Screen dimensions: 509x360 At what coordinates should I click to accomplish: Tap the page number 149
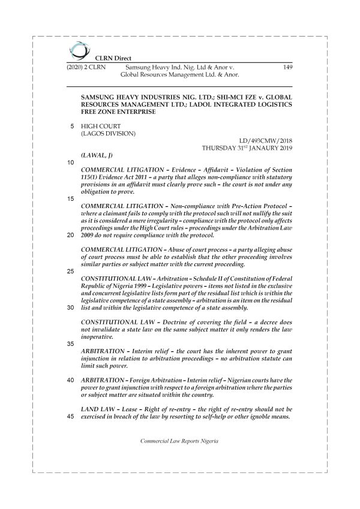click(x=286, y=68)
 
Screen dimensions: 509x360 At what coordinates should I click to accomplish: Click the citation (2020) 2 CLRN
click(x=85, y=68)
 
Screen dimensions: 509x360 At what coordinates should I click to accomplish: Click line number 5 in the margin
click(x=73, y=126)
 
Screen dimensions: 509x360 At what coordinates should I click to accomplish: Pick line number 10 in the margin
click(x=71, y=162)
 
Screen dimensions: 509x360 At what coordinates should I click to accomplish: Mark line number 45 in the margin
click(x=71, y=417)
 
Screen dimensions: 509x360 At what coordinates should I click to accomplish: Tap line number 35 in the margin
click(x=71, y=344)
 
